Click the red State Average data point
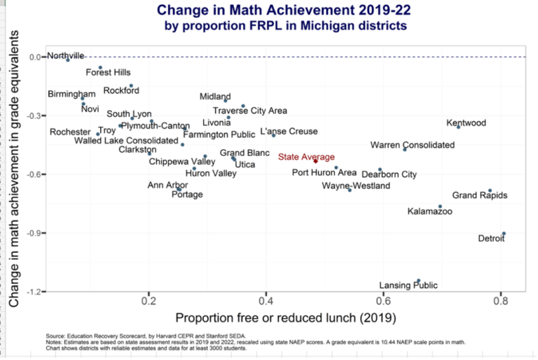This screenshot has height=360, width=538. tap(315, 161)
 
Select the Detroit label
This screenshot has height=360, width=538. tap(491, 238)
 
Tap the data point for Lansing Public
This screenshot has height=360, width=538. tap(418, 281)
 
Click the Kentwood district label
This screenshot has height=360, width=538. tap(466, 123)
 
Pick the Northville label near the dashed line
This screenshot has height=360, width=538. tap(65, 55)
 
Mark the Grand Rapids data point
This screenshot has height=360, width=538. tap(490, 191)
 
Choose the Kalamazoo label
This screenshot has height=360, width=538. tap(430, 211)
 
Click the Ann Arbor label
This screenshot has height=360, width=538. tap(167, 185)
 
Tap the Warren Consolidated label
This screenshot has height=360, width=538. tap(413, 145)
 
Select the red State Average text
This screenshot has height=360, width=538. tap(306, 157)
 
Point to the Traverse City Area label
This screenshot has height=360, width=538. tap(250, 111)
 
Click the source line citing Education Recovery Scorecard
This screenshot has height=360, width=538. tap(146, 335)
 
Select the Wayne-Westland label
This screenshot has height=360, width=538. tap(351, 186)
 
